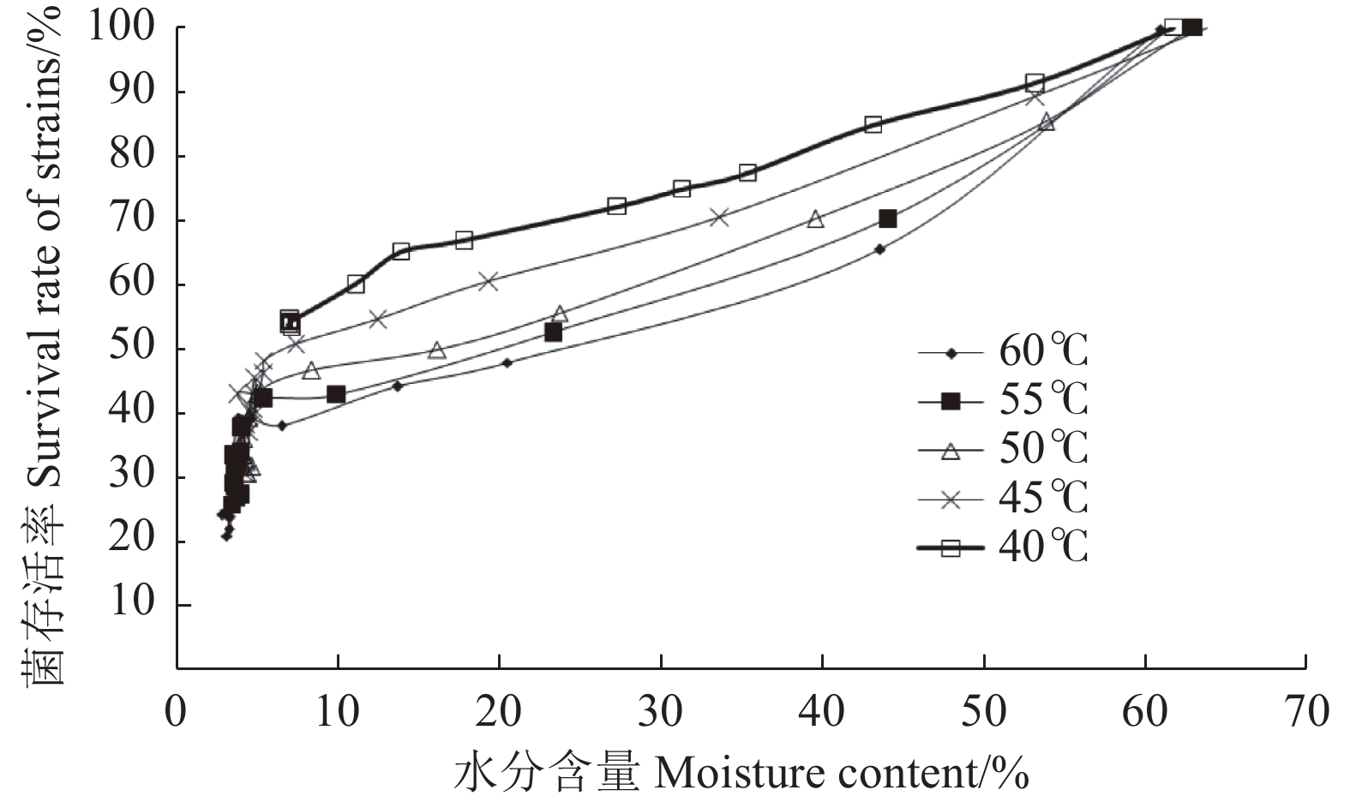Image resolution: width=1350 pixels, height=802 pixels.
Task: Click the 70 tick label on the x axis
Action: point(1305,712)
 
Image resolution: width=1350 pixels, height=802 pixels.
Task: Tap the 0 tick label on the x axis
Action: point(176,712)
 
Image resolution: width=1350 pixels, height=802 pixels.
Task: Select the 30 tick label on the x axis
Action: point(661,712)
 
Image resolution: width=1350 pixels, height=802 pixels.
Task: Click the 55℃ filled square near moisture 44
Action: point(888,219)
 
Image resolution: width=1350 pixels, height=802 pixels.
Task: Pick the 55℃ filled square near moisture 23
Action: point(554,332)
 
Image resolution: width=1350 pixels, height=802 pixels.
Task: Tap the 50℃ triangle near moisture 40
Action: point(815,219)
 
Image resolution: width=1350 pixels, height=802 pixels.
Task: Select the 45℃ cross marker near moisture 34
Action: point(719,217)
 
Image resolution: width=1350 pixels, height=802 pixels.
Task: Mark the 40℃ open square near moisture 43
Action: point(873,124)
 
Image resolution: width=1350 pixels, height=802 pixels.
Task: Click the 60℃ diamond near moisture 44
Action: point(879,249)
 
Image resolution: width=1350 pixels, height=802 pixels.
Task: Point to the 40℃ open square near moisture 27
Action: point(617,206)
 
